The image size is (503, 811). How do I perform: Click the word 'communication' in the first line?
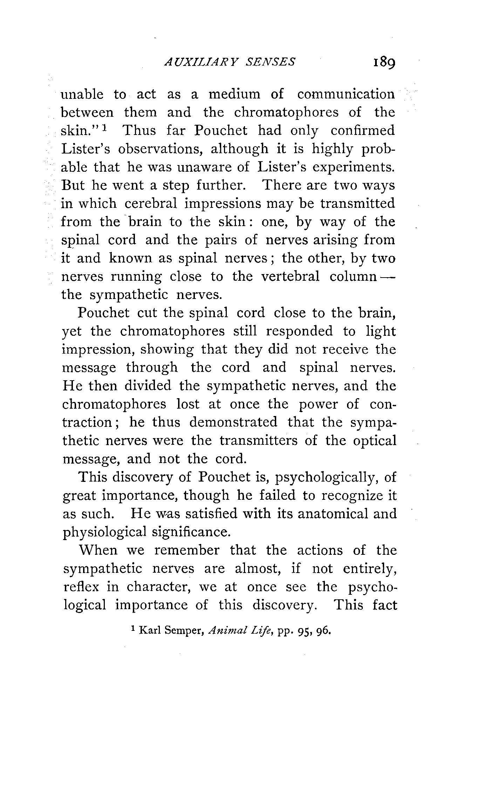(x=346, y=94)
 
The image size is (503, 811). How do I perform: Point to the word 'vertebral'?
(x=291, y=277)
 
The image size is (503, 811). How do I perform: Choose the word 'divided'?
(x=148, y=386)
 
